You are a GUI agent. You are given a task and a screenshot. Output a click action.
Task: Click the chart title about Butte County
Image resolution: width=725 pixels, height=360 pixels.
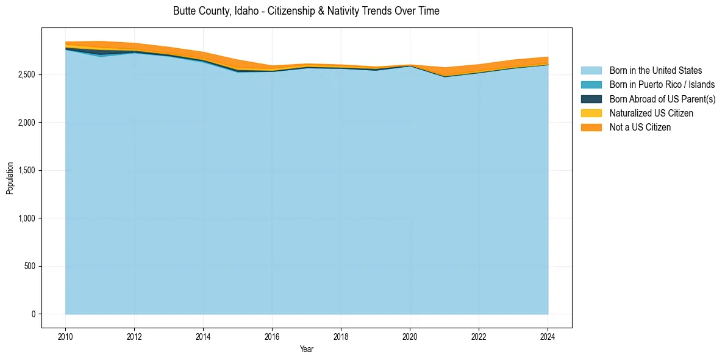click(x=306, y=11)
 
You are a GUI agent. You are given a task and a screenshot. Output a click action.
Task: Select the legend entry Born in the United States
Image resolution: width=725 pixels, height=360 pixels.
click(x=655, y=71)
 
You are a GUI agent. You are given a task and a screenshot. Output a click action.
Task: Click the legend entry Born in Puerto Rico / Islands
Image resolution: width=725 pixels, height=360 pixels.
click(x=662, y=85)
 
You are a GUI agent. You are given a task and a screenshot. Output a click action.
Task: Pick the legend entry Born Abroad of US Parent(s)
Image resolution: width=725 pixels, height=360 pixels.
click(x=662, y=99)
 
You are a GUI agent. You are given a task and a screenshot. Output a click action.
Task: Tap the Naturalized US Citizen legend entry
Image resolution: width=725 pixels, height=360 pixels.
click(x=651, y=113)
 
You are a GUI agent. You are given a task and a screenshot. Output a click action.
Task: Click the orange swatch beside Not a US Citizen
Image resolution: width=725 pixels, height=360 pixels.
click(x=591, y=127)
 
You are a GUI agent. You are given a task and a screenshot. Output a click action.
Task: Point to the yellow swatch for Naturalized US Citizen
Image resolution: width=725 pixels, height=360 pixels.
click(x=591, y=113)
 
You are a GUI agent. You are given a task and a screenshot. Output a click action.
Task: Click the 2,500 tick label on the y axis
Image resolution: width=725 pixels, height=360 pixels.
click(x=26, y=74)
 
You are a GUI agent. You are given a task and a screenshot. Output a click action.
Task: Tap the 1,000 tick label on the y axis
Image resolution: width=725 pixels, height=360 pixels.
click(x=26, y=218)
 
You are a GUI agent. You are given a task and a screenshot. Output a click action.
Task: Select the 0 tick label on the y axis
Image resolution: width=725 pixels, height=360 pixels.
click(x=33, y=314)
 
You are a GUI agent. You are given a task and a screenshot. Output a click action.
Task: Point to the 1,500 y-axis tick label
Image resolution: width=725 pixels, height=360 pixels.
click(x=26, y=171)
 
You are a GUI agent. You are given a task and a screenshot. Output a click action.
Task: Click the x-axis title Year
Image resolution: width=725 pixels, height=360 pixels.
click(x=307, y=349)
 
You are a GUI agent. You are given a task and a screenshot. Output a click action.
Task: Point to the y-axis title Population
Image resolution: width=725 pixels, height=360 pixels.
click(x=10, y=178)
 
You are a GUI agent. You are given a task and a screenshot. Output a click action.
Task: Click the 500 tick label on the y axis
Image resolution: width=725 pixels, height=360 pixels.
click(x=29, y=267)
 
